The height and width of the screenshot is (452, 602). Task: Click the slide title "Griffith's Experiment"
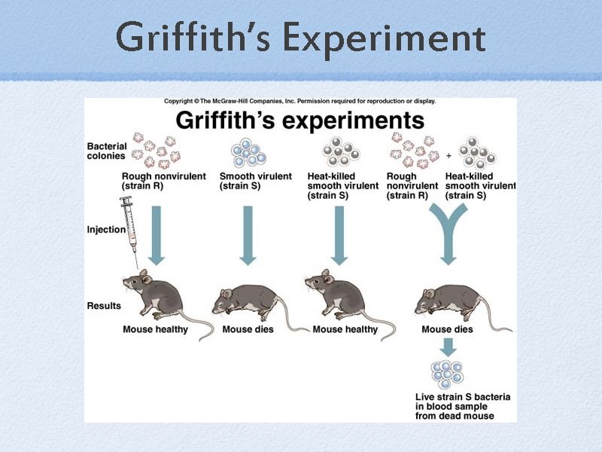click(301, 37)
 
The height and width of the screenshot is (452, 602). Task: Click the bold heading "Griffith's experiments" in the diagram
click(299, 121)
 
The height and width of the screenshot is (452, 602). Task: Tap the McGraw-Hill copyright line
click(299, 101)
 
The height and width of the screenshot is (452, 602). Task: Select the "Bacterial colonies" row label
click(107, 151)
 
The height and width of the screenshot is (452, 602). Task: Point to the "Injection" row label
click(106, 229)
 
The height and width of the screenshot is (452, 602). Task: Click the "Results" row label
click(104, 306)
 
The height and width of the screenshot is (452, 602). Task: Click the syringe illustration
click(130, 230)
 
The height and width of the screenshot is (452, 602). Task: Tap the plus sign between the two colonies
click(448, 156)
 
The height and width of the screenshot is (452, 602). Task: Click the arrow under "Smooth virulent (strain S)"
click(248, 234)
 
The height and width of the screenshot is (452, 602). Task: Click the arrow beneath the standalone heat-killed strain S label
click(339, 234)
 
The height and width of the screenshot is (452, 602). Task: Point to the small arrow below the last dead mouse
click(448, 347)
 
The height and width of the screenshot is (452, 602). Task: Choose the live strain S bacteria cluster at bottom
click(447, 374)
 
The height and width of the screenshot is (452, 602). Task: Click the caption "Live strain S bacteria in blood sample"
click(455, 406)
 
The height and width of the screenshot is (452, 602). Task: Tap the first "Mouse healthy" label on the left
click(155, 329)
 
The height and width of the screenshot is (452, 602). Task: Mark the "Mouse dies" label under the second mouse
click(248, 329)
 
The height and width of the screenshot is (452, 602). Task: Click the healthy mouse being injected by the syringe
click(162, 295)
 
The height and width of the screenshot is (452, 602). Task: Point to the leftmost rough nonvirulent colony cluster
click(155, 151)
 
